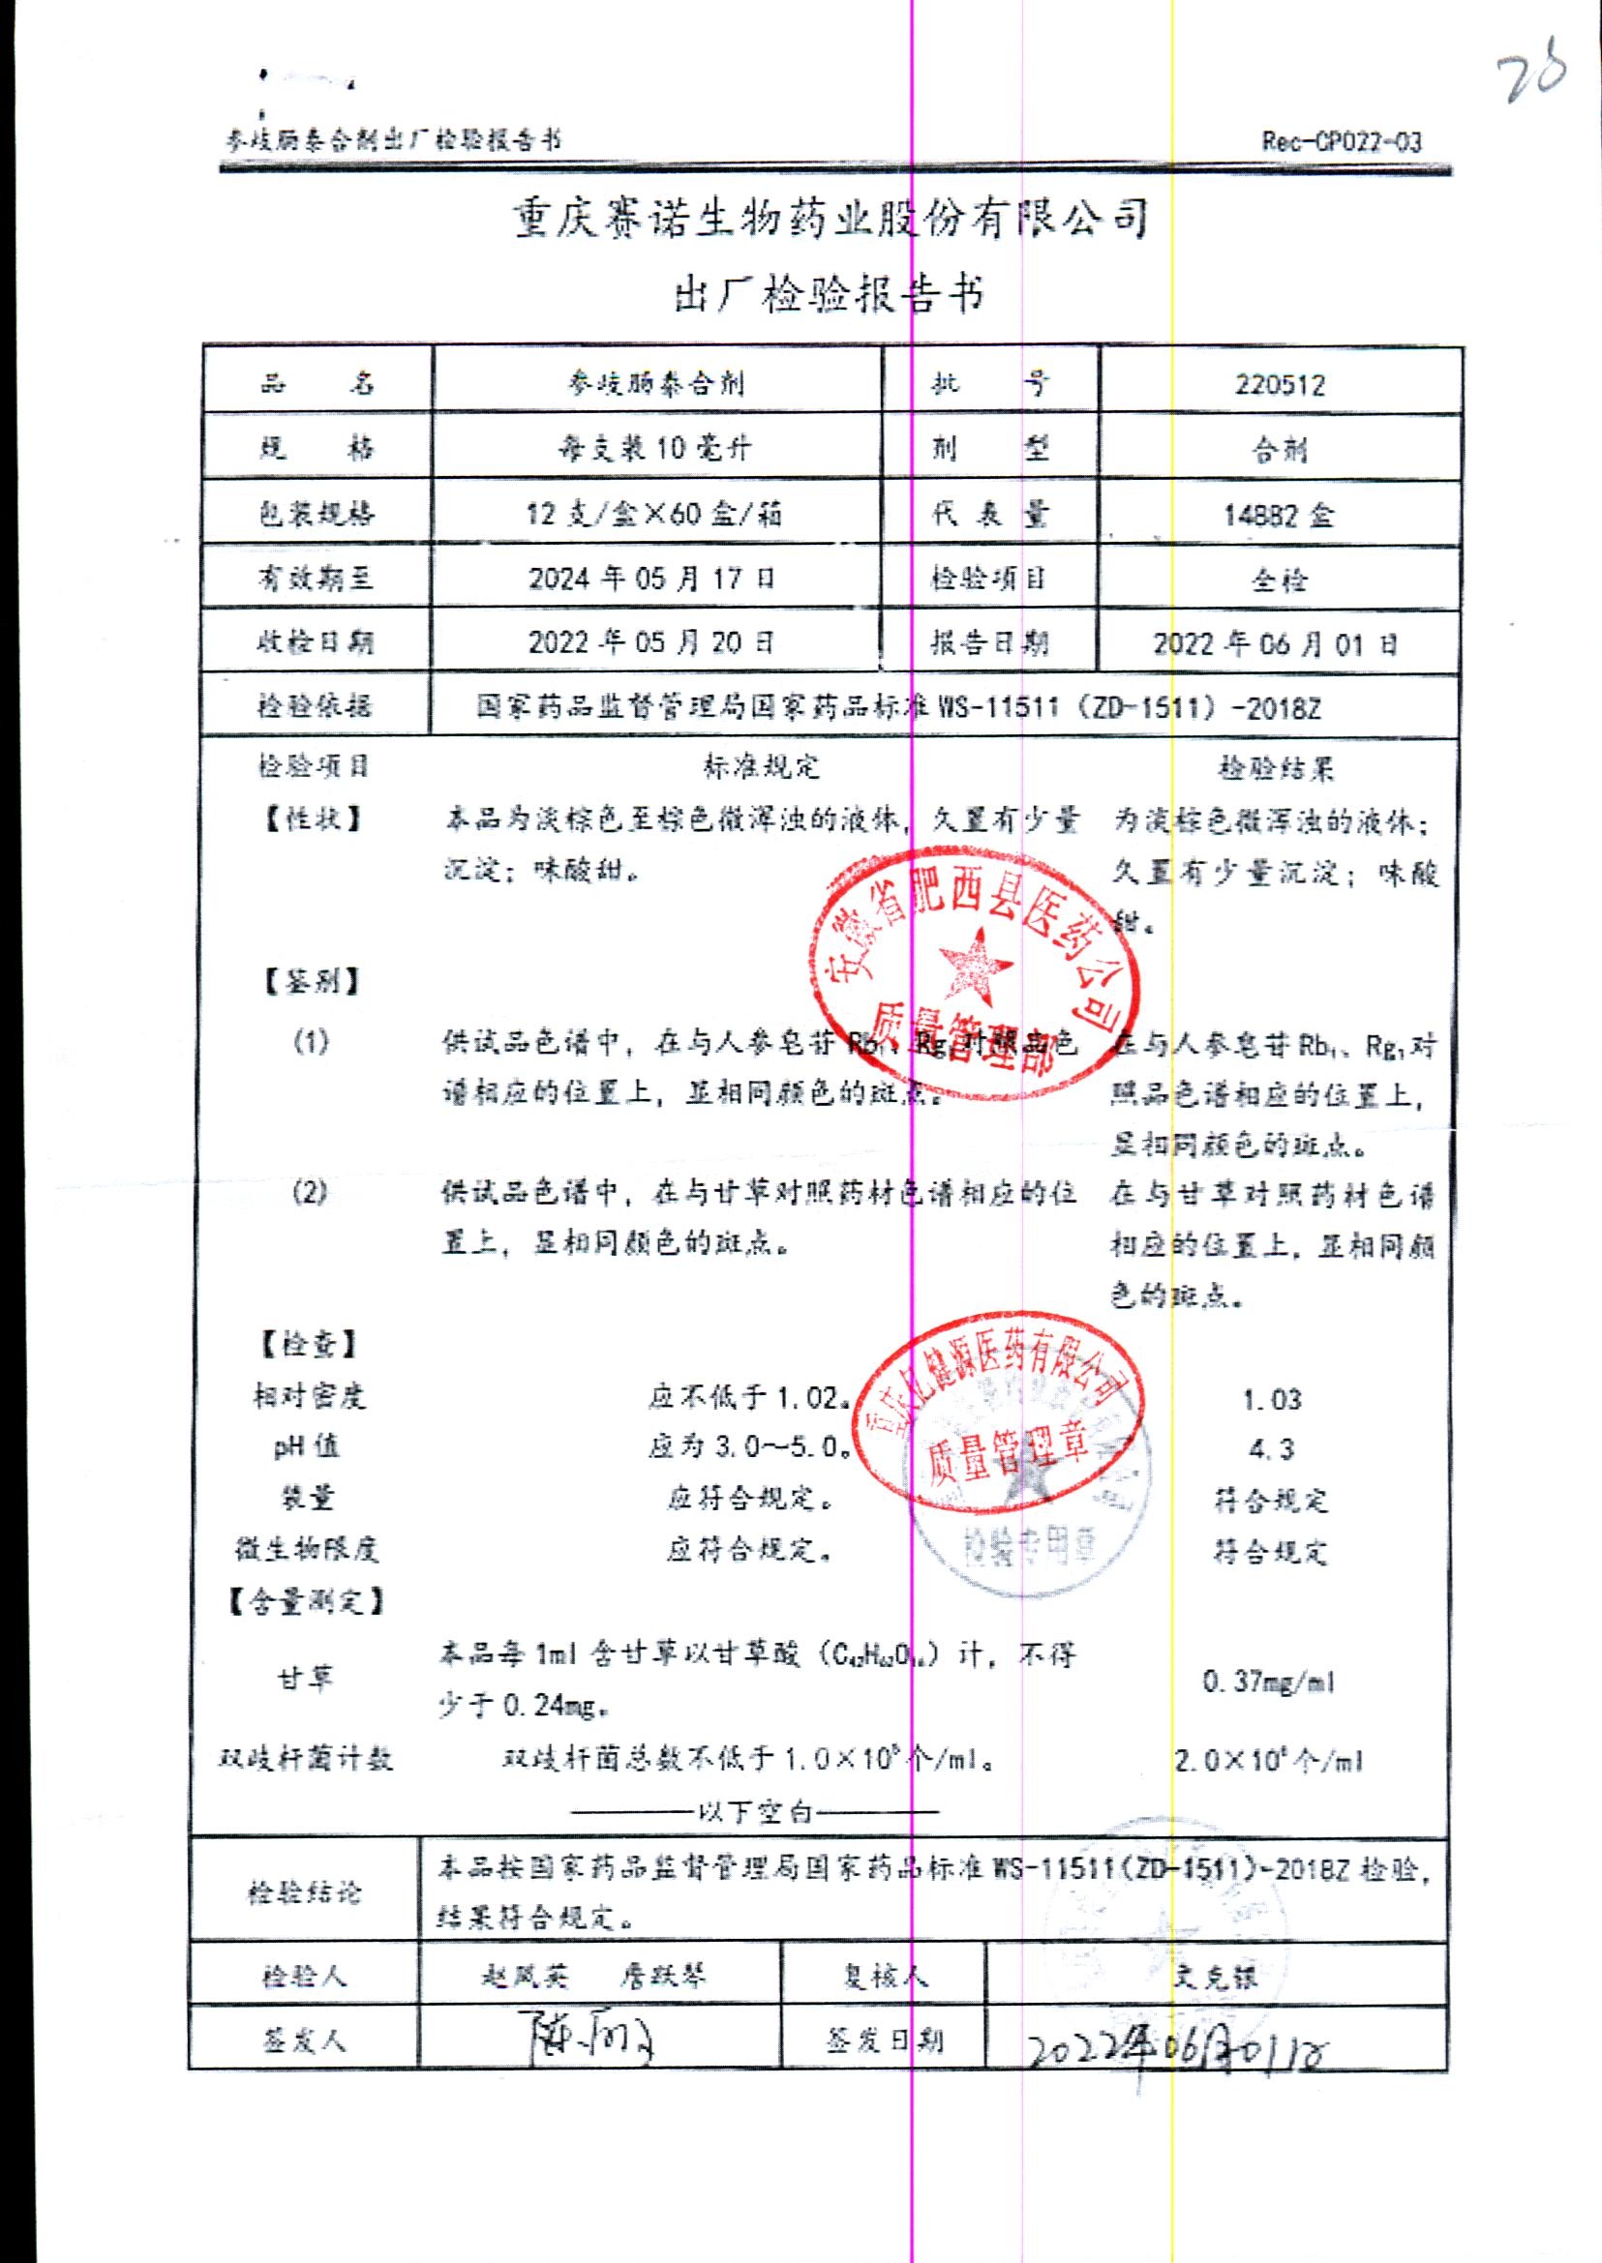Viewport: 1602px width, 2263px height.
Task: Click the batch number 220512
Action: [x=1280, y=383]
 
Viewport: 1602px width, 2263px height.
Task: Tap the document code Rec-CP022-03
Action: [x=1342, y=142]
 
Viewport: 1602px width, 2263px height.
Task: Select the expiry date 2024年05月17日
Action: [x=652, y=578]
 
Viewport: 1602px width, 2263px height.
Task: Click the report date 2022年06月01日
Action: [x=1276, y=645]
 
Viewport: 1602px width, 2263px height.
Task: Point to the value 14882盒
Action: [x=1279, y=515]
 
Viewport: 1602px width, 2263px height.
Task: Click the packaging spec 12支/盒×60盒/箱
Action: [x=654, y=513]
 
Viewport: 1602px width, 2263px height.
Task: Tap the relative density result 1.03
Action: [x=1272, y=1399]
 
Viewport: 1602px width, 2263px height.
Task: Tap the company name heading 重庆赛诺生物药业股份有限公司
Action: [x=831, y=218]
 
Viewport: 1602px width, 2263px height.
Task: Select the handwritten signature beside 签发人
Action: [x=588, y=2039]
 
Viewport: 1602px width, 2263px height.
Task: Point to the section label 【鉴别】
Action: [x=311, y=981]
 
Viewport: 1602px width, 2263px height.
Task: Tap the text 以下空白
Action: [x=755, y=1812]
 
